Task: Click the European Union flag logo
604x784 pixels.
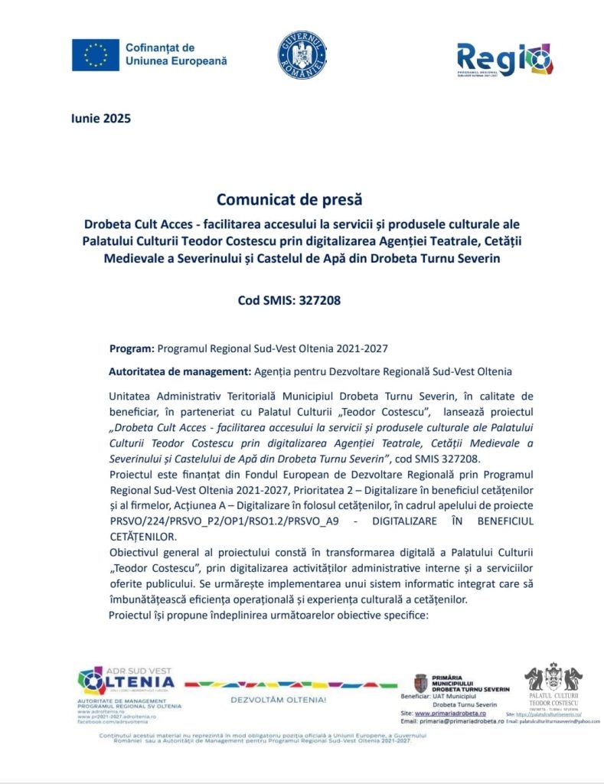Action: tap(95, 55)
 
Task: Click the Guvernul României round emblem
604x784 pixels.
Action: tap(302, 55)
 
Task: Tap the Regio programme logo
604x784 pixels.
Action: tap(504, 58)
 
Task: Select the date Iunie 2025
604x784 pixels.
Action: tap(100, 119)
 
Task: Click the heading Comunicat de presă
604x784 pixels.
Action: tap(289, 200)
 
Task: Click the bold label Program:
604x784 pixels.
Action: tap(132, 348)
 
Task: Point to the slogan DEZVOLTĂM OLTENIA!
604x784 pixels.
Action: tap(279, 700)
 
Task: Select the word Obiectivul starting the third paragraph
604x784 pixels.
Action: tap(135, 552)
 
